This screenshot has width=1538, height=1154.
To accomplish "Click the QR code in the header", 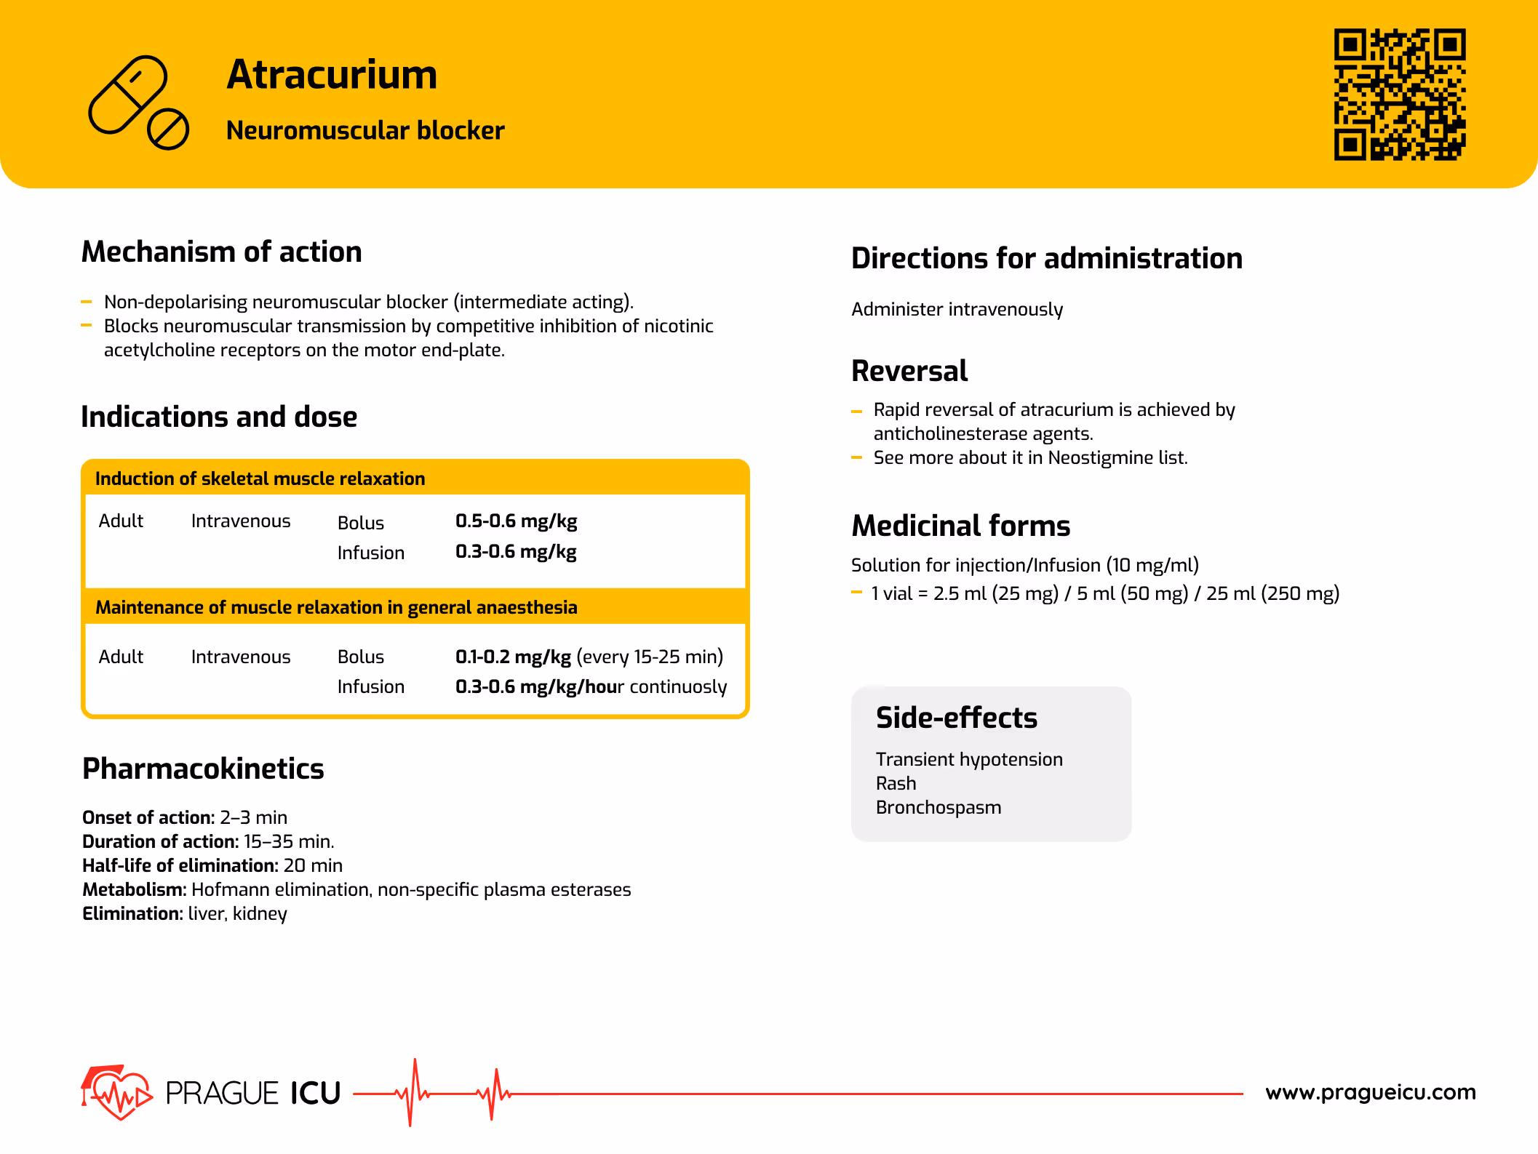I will point(1399,95).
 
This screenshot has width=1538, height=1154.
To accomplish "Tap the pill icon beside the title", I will point(138,103).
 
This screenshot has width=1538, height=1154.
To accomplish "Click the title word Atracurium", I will point(332,75).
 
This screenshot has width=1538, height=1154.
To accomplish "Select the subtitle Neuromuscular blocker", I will point(365,131).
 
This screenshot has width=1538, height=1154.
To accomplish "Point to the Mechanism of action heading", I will point(221,252).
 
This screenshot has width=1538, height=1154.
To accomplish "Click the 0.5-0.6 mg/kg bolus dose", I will point(516,521).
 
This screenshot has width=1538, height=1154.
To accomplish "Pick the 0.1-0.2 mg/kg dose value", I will point(513,657).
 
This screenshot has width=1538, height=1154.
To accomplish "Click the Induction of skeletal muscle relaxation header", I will point(260,479).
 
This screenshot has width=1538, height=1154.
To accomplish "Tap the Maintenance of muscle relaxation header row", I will point(336,608).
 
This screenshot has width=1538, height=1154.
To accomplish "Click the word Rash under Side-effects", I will point(896,784).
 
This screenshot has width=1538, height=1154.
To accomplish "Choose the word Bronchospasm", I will point(938,808).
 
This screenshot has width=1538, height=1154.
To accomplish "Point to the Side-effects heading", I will point(956,718).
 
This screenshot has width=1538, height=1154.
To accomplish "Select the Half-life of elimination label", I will point(180,866).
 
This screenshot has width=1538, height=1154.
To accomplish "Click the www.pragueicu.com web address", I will point(1370,1092).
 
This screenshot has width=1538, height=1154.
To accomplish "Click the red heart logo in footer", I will point(116,1092).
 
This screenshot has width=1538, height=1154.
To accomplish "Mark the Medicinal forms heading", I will point(960,526).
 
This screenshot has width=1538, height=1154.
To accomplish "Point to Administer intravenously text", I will point(957,310).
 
